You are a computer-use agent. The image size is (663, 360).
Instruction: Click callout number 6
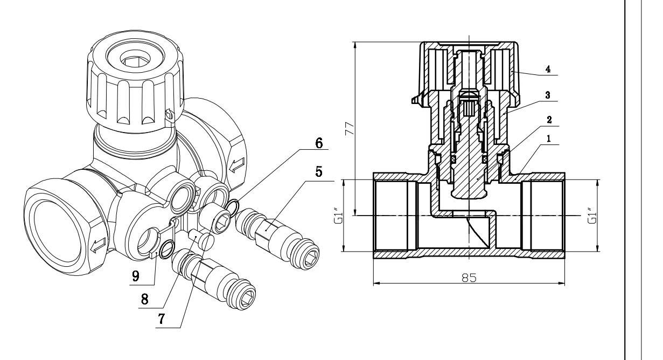coord(319,143)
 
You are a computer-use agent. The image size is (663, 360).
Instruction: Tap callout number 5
coord(318,172)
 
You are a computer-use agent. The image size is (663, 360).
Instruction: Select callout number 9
coord(136,276)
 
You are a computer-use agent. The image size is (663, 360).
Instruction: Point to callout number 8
coord(144,299)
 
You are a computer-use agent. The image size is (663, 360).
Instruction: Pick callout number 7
coord(162,319)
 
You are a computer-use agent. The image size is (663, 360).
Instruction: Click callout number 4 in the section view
coord(548,69)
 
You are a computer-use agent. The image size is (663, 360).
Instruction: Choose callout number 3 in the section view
coord(548,95)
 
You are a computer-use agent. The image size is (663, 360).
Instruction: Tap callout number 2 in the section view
coord(549,120)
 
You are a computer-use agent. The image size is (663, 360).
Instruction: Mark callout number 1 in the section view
coord(549,139)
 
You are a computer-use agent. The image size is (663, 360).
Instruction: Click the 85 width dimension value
coord(469,278)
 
